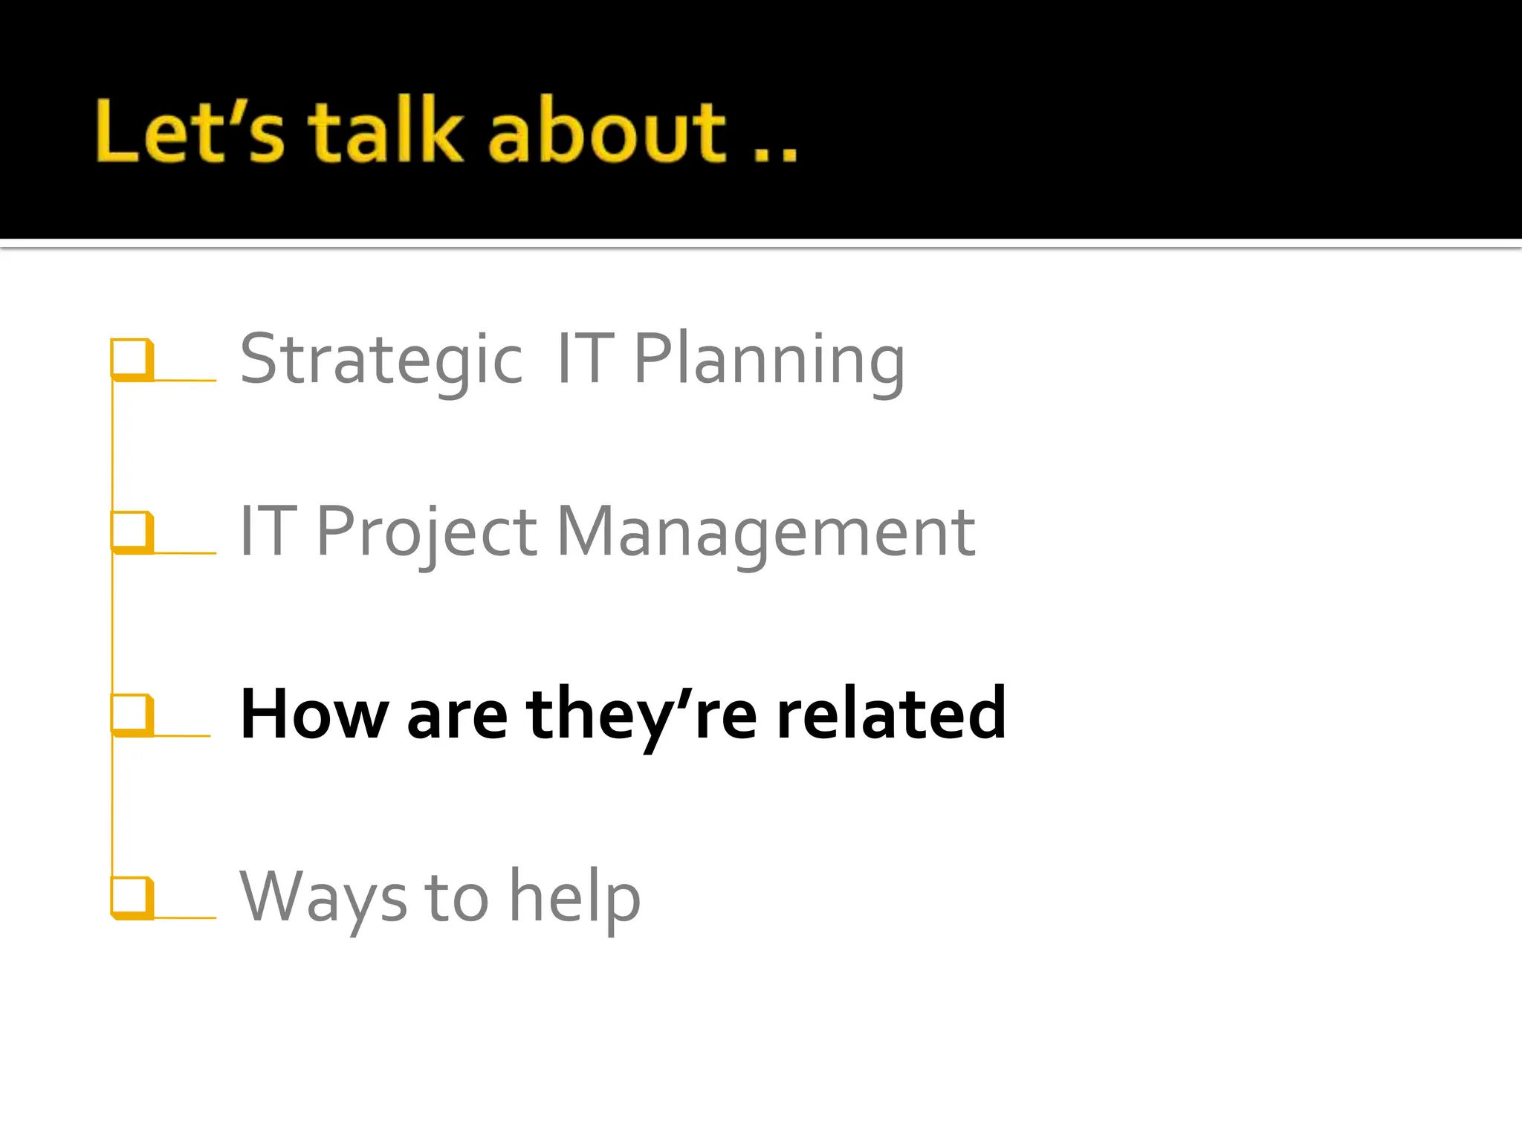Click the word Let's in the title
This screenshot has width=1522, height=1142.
click(190, 132)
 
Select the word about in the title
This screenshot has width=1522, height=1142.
click(606, 132)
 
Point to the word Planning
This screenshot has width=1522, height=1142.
click(769, 360)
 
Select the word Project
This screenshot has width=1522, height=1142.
click(427, 532)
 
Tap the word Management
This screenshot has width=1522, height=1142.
click(765, 532)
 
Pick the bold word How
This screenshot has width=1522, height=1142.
click(314, 714)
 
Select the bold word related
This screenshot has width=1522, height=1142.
click(891, 714)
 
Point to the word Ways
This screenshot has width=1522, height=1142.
click(323, 897)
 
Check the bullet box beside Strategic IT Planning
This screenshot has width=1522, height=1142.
click(132, 359)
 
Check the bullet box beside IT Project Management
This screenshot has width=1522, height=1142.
click(132, 532)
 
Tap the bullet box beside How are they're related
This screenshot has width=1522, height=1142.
click(132, 714)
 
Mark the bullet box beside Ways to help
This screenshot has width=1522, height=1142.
click(132, 897)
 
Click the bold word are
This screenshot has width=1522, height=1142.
click(457, 715)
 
